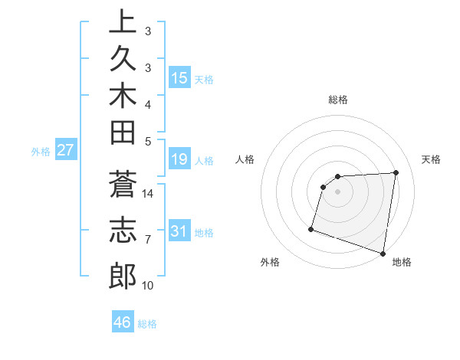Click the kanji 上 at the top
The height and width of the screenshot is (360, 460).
click(122, 22)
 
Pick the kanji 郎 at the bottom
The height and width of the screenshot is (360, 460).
click(122, 276)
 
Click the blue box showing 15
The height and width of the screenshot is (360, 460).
click(179, 78)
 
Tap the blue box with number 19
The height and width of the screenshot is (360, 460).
click(179, 159)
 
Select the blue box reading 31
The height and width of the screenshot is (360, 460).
click(179, 231)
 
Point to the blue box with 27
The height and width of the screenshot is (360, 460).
click(65, 150)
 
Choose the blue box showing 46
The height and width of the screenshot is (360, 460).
click(123, 322)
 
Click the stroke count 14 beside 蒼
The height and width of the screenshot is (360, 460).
click(148, 193)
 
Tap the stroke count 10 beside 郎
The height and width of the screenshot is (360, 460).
click(148, 286)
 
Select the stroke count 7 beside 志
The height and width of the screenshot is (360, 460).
click(148, 240)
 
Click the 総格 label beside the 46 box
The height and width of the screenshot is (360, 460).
click(148, 324)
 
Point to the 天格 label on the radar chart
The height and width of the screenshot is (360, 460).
click(432, 159)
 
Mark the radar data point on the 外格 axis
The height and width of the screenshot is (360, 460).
click(311, 228)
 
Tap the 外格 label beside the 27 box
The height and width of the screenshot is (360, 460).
click(41, 152)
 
